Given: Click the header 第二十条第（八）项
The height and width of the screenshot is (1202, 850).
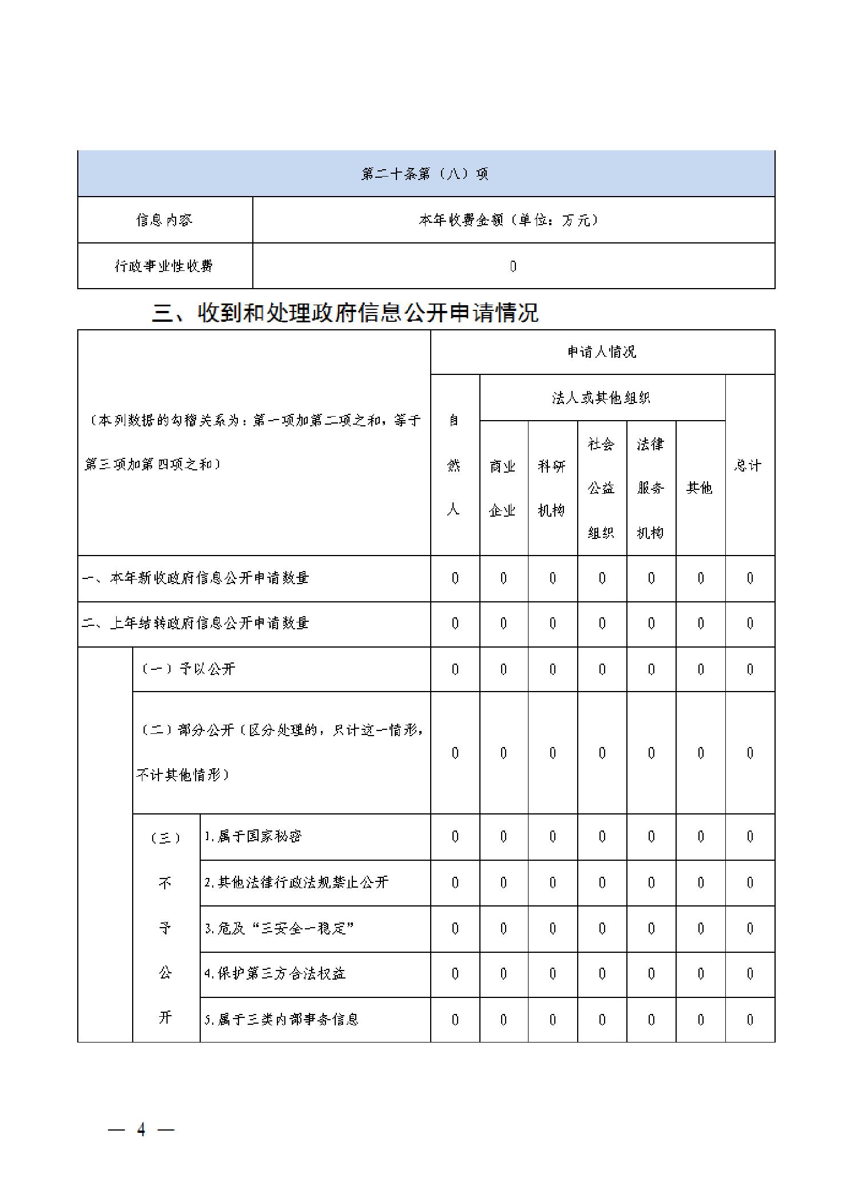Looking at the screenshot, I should pos(425,174).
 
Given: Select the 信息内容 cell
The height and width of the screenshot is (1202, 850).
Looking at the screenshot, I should pos(164,220).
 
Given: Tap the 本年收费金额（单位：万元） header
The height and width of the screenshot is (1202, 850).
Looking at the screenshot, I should pos(513,220).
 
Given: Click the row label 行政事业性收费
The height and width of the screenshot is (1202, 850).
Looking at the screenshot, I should pos(164,266).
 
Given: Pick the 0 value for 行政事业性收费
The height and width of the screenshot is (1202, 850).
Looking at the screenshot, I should pos(513,266).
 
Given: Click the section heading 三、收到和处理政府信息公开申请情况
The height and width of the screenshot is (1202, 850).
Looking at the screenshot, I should pos(345,313).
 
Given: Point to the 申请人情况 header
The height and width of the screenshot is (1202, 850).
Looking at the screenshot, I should pos(602,352).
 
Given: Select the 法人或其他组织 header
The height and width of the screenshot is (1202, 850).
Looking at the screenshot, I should pos(602,398).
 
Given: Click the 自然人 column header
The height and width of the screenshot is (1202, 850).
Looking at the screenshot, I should pos(454,465).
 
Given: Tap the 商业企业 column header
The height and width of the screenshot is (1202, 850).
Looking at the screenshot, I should pos(503,488).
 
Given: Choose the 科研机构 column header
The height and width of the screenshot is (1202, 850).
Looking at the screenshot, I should pos(552,488).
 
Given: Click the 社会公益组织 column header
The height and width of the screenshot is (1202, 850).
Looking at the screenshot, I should pos(601,488).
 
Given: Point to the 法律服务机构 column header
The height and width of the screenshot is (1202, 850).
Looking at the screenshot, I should pos(650,488).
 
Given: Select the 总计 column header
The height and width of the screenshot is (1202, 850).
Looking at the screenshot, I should pos(749,465).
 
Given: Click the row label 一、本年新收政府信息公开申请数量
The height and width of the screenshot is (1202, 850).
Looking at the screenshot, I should pos(195,578).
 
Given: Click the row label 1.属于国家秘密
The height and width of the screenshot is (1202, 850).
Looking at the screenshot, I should pos(252,837).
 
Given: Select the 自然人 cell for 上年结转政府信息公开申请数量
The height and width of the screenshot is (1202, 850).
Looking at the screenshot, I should pos(455,624).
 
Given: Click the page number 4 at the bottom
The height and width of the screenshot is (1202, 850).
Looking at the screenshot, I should pos(141,1129).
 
